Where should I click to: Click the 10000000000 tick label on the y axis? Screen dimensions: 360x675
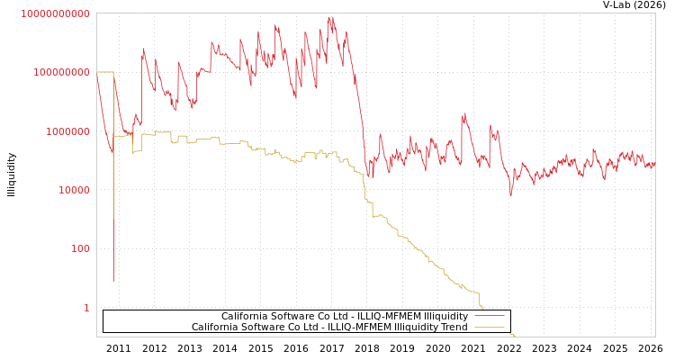click(55, 13)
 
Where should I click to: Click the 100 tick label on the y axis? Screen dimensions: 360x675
click(80, 248)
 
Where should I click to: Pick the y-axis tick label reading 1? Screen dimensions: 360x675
click(86, 308)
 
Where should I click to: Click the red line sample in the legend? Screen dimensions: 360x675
click(489, 317)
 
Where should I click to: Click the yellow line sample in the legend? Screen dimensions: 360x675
click(489, 328)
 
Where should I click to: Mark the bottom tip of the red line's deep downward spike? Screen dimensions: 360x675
click(113, 282)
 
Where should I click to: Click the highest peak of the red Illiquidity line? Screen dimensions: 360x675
click(329, 16)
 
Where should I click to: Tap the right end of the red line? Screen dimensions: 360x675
click(654, 165)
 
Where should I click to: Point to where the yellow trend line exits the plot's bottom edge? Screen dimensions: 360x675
click(514, 336)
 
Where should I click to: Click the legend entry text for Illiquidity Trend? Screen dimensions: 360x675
click(329, 328)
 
